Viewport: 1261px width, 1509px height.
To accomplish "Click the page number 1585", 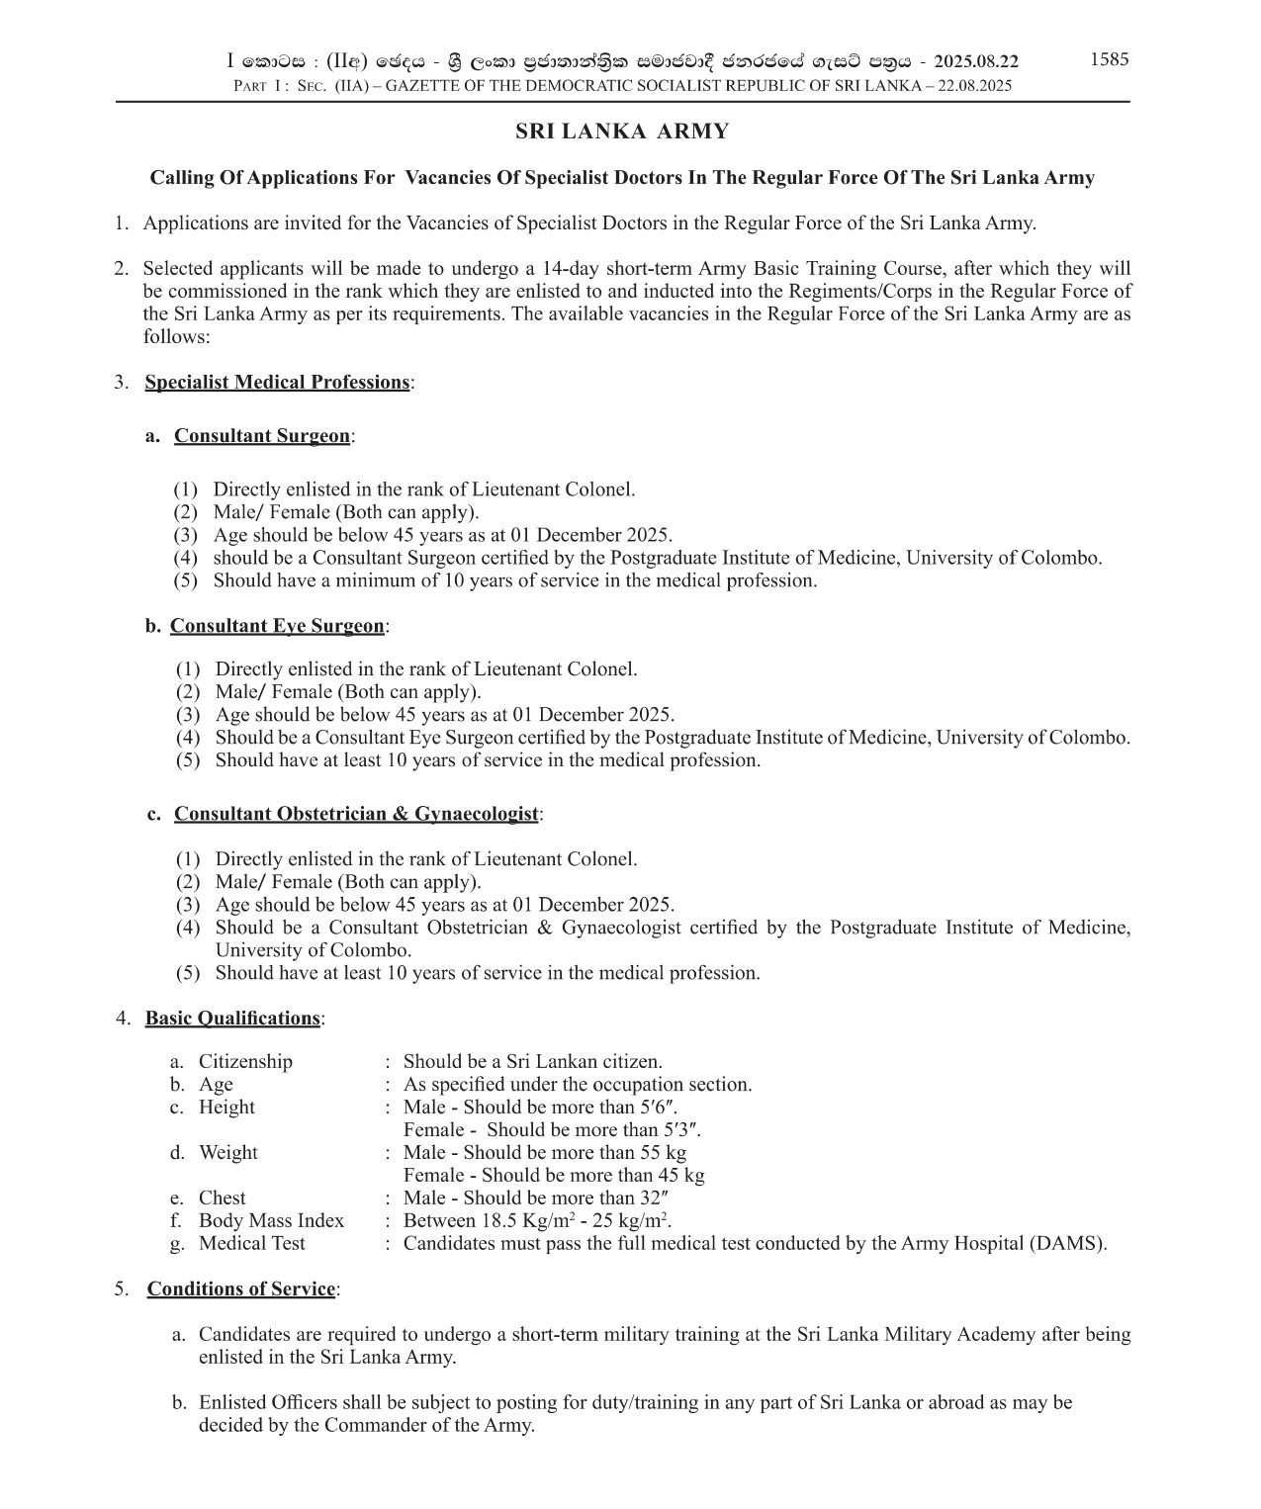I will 1109,59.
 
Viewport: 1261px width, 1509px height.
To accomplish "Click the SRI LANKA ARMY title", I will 623,132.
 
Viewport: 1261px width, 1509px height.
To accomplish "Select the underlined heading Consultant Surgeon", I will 262,436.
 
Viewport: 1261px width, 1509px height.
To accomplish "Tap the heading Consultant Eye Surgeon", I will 277,626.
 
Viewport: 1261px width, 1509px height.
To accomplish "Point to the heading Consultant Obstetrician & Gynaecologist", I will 356,814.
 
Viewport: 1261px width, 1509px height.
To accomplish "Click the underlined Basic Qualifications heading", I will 233,1019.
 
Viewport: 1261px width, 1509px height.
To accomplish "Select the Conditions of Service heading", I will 241,1289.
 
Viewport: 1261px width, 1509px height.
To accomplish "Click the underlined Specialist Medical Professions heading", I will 277,383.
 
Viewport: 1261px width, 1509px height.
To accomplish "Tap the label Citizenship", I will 245,1062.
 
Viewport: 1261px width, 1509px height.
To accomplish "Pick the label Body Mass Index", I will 271,1221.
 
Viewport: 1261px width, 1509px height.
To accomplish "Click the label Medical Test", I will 252,1244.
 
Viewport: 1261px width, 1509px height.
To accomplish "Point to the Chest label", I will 222,1198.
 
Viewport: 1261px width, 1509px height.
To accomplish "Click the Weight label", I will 227,1153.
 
